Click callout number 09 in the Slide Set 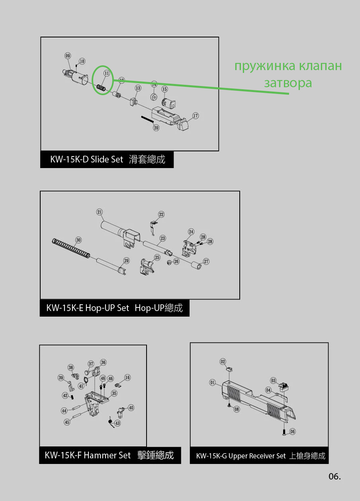[x=68, y=56]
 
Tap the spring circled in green [x=101, y=88]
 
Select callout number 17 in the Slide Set [x=196, y=115]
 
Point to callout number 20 [x=156, y=128]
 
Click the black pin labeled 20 [x=147, y=119]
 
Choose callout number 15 [x=164, y=89]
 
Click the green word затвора [x=288, y=83]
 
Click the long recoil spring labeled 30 [x=71, y=248]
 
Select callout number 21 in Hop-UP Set [x=100, y=212]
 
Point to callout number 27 [x=206, y=262]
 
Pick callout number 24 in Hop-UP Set [x=191, y=231]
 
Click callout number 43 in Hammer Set [x=117, y=423]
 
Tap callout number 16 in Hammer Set [x=127, y=378]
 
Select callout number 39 [x=61, y=378]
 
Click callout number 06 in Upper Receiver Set [x=292, y=431]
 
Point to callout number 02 [x=223, y=362]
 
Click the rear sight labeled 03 [x=284, y=387]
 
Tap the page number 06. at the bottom [x=335, y=476]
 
